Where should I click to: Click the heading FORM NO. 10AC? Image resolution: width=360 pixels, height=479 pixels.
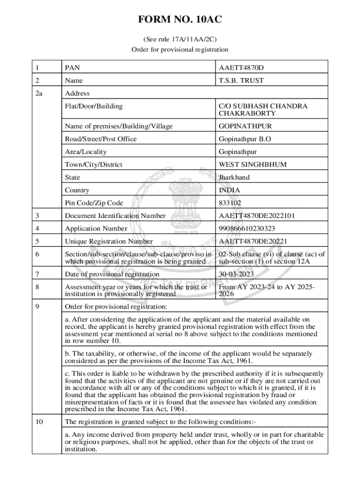[x=180, y=20]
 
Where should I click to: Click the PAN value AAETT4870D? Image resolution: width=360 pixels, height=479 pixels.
[x=241, y=68]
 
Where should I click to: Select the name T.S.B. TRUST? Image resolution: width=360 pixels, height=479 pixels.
[x=241, y=80]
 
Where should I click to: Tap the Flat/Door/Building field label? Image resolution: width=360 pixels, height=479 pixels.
[x=94, y=106]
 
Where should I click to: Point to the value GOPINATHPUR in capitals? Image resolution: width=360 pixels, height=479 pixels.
[x=245, y=126]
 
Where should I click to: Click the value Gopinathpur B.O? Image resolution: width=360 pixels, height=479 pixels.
[x=245, y=139]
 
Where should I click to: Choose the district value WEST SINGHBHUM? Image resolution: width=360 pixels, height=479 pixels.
[x=252, y=165]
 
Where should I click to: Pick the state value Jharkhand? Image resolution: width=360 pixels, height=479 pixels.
[x=234, y=177]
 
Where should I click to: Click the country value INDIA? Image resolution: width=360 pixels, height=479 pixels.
[x=229, y=190]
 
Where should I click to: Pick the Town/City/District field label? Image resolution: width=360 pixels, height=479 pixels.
[x=94, y=165]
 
